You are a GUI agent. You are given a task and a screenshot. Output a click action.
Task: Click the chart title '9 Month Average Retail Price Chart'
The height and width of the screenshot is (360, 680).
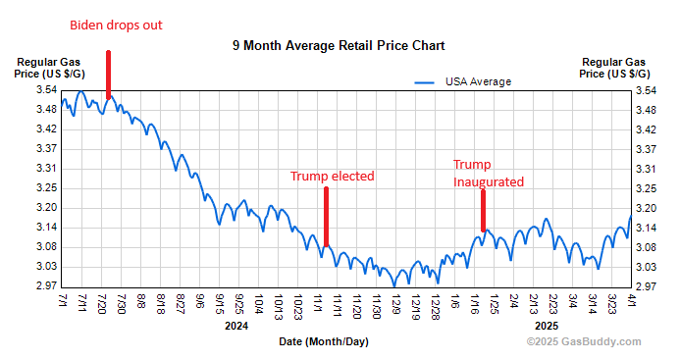pos(339,46)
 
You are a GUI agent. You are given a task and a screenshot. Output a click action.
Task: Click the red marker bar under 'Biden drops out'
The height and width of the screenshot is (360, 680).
pos(108,75)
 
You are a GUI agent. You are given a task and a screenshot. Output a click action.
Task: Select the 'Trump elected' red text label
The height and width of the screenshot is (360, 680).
pos(332,176)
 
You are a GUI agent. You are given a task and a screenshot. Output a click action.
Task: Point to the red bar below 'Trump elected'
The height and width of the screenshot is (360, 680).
pos(326,217)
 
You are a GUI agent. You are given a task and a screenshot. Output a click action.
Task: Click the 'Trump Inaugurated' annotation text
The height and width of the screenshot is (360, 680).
pos(488,173)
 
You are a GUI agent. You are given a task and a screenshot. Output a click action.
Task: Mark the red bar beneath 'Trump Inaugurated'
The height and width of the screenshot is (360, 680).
pos(483,210)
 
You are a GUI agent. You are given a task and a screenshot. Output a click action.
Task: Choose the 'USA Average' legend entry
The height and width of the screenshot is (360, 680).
pos(478,81)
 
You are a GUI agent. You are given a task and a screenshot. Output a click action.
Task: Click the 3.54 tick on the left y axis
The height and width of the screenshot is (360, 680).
pos(43,90)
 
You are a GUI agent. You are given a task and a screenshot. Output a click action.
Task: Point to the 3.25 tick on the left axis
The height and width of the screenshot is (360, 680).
pos(43,188)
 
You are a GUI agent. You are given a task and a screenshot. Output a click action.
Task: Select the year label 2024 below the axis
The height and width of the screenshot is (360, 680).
pos(235,326)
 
